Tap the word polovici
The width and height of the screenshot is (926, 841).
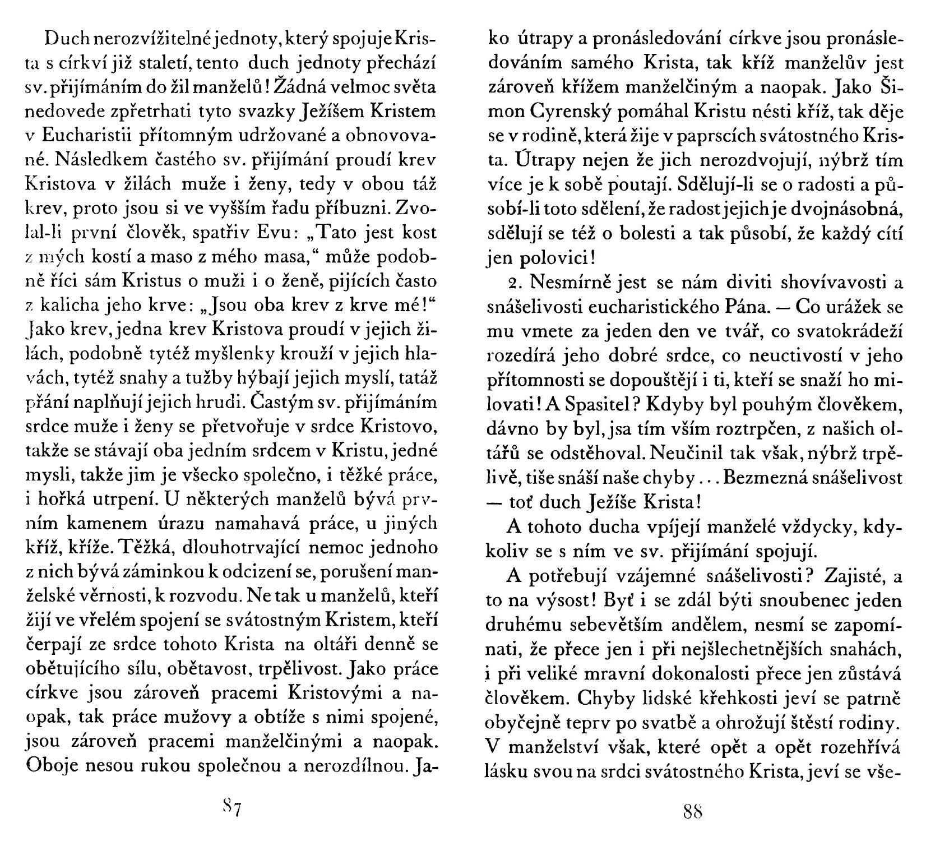[x=548, y=258]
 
